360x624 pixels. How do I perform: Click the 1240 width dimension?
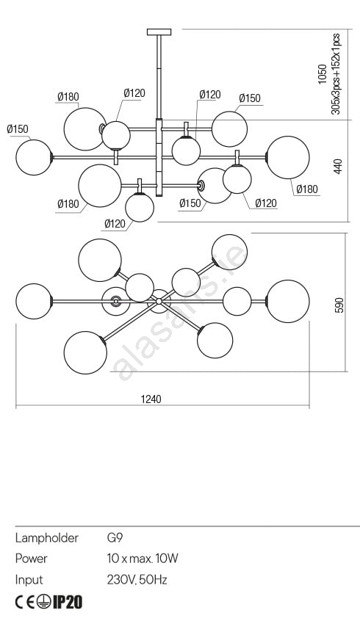[x=151, y=399]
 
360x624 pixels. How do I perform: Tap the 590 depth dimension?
[x=339, y=305]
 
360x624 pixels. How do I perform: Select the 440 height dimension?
[x=338, y=167]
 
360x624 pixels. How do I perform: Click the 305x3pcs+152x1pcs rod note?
[x=336, y=73]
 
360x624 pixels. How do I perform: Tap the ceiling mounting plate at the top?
[x=159, y=32]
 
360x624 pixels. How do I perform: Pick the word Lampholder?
[x=46, y=538]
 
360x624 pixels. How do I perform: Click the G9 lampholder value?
[x=115, y=538]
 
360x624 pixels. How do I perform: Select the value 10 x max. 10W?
[x=143, y=559]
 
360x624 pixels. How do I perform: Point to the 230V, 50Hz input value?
[x=137, y=580]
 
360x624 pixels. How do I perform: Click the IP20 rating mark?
[x=68, y=602]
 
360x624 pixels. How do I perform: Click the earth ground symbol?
[x=44, y=602]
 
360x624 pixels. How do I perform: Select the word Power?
[x=31, y=559]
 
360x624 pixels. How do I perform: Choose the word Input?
[x=29, y=580]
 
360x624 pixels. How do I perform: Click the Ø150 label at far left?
[x=18, y=129]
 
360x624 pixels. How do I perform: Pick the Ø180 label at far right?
[x=307, y=189]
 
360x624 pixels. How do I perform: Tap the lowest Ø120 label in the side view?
[x=115, y=224]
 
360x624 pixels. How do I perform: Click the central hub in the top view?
[x=159, y=301]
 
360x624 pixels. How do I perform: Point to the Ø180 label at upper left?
[x=68, y=97]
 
